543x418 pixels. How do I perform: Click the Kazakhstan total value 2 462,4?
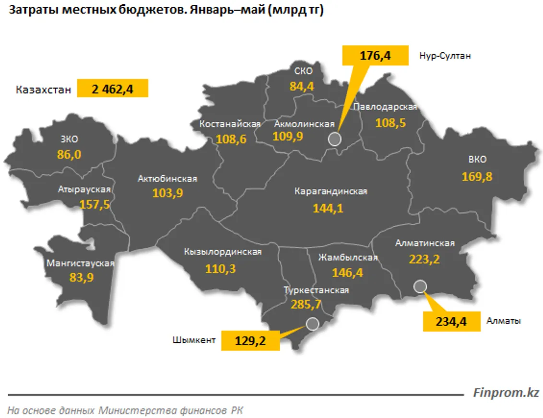click(112, 89)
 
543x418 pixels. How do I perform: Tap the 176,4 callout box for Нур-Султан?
click(375, 55)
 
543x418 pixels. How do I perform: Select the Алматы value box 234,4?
click(451, 321)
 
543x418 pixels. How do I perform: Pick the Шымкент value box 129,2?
click(250, 341)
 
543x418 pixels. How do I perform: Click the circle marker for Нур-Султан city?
click(335, 139)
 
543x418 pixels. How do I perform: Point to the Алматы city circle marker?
click(420, 286)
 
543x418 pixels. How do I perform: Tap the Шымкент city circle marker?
click(312, 324)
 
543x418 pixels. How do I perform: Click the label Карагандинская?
click(331, 191)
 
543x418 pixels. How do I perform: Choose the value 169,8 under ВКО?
click(477, 176)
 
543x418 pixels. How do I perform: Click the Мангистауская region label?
click(80, 263)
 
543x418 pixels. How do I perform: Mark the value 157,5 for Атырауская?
click(95, 204)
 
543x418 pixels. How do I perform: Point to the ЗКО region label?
click(69, 139)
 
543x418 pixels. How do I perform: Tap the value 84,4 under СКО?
click(301, 86)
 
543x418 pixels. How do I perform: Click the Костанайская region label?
click(230, 124)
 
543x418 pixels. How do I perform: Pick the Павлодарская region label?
click(385, 107)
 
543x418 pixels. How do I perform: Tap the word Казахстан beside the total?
click(43, 90)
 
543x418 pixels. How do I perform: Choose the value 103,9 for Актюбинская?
click(167, 193)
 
